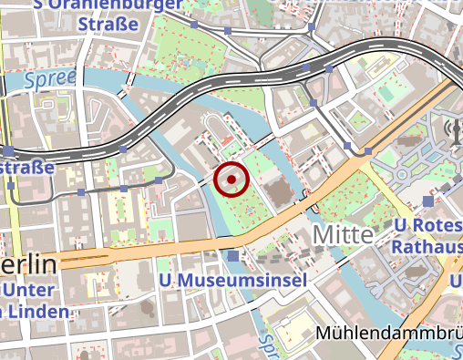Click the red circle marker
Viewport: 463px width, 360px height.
click(x=231, y=180)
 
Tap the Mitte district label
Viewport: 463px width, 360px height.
click(x=343, y=234)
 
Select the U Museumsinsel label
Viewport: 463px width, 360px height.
click(x=231, y=280)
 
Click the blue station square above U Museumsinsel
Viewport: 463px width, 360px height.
click(x=235, y=256)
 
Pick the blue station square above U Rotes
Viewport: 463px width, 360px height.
click(x=428, y=201)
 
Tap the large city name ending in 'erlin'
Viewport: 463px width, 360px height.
click(x=27, y=265)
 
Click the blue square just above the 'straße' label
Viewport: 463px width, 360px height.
click(x=8, y=149)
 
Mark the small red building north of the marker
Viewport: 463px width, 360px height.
click(x=225, y=142)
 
